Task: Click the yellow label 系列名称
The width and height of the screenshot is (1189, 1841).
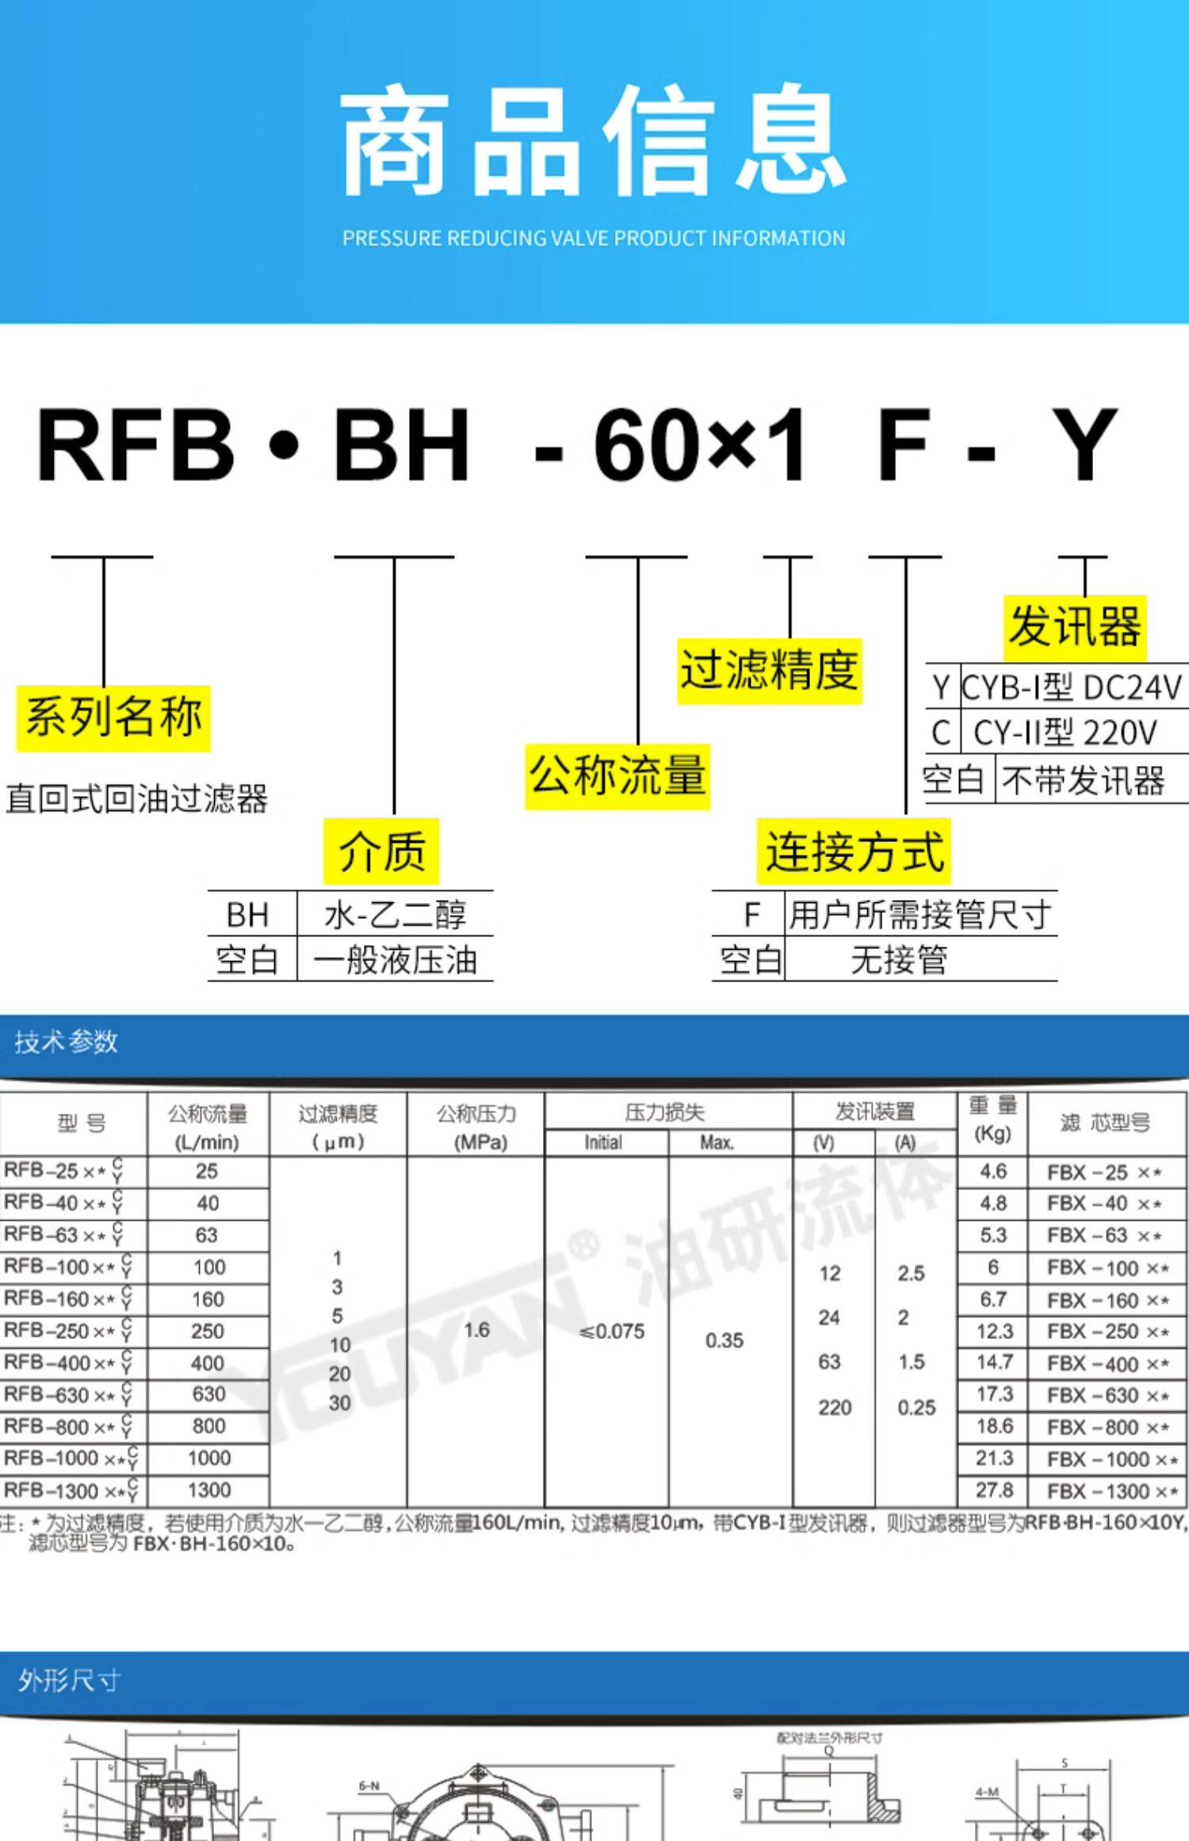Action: click(x=113, y=717)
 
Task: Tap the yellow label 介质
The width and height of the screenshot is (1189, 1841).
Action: click(x=381, y=852)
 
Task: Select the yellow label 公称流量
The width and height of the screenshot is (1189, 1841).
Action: click(x=617, y=776)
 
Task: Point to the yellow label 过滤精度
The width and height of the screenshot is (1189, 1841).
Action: click(x=769, y=670)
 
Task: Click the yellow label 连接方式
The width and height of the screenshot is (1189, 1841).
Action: click(x=854, y=852)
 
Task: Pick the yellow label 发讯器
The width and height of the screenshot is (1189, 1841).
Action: click(x=1074, y=627)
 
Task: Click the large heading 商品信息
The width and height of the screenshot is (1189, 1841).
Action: click(x=594, y=143)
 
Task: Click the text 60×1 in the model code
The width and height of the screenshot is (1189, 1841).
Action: click(x=701, y=445)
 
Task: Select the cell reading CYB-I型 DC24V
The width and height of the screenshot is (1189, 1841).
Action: click(x=1072, y=687)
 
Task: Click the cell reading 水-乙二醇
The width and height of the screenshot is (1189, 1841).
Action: click(x=395, y=914)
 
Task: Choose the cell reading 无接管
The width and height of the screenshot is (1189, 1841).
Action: click(x=899, y=960)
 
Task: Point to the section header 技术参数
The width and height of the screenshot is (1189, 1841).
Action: click(x=67, y=1041)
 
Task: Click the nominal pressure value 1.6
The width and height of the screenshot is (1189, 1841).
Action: click(x=476, y=1330)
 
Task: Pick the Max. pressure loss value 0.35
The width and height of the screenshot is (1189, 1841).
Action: click(x=724, y=1341)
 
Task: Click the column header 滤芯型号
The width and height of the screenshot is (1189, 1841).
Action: click(x=1105, y=1123)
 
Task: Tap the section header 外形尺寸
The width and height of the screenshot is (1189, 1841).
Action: click(x=70, y=1679)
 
